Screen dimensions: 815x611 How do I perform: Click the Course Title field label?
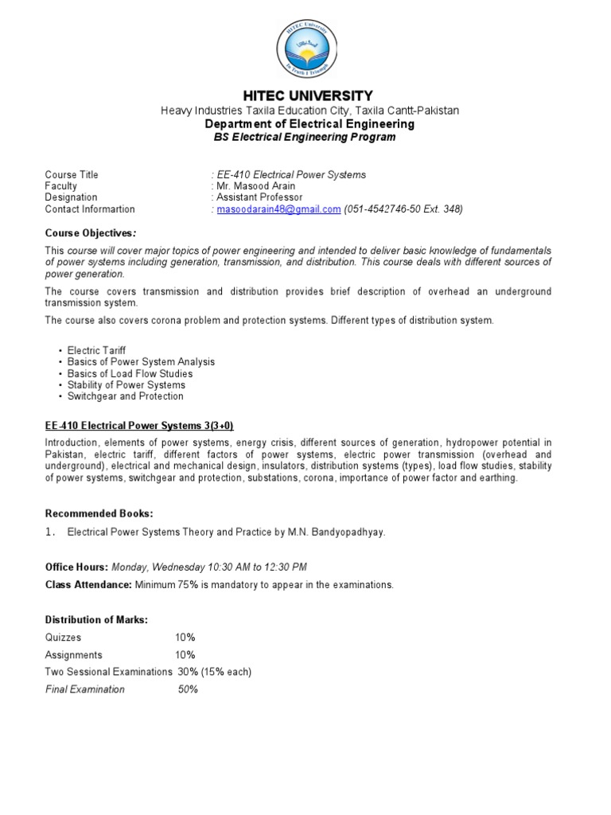72,175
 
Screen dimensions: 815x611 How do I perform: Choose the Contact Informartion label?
90,209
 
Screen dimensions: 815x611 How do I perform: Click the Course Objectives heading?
90,233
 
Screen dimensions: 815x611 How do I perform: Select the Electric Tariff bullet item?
96,350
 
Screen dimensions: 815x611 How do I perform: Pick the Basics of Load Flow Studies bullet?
130,373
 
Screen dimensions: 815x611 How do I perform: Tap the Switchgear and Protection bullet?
125,396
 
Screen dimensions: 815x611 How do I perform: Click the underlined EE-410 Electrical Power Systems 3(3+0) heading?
123,425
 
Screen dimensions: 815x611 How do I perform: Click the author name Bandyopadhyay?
350,532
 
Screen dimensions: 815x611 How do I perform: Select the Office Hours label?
76,567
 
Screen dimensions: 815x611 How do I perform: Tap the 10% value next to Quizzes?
185,638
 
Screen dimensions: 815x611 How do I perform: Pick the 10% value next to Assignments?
185,655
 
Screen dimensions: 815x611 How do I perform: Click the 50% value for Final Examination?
188,689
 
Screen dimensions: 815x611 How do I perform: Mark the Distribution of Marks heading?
96,620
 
